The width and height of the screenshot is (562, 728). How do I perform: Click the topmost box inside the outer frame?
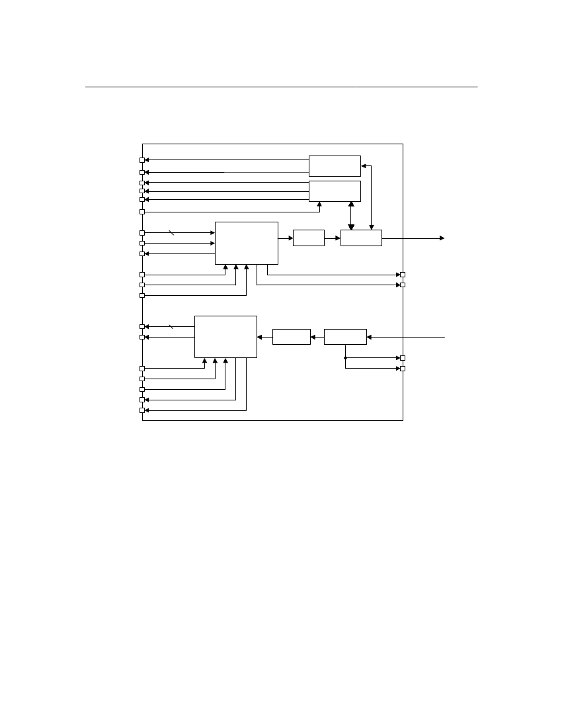pyautogui.click(x=335, y=165)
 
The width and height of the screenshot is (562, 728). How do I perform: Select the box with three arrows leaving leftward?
pyautogui.click(x=335, y=191)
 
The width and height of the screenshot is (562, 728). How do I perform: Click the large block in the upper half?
pyautogui.click(x=246, y=243)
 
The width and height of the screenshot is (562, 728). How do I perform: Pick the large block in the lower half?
pyautogui.click(x=225, y=337)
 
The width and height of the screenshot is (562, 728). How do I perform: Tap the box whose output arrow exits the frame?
pyautogui.click(x=361, y=238)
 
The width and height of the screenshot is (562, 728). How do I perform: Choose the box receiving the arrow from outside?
pyautogui.click(x=345, y=337)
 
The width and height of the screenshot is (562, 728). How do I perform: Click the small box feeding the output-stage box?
pyautogui.click(x=308, y=238)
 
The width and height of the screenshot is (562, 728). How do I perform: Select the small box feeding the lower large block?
pyautogui.click(x=291, y=337)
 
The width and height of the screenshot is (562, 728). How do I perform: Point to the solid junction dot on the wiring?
pyautogui.click(x=345, y=358)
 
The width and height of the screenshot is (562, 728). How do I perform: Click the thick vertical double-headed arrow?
pyautogui.click(x=351, y=216)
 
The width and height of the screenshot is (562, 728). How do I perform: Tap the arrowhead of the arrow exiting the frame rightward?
pyautogui.click(x=442, y=238)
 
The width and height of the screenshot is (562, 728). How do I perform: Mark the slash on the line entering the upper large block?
pyautogui.click(x=171, y=233)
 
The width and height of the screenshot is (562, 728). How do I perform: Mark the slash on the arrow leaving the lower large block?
pyautogui.click(x=171, y=326)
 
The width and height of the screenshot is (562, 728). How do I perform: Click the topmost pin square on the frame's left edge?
pyautogui.click(x=142, y=159)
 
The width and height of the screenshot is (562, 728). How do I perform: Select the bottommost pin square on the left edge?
pyautogui.click(x=142, y=410)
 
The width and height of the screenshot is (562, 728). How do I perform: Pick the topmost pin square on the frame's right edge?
pyautogui.click(x=403, y=274)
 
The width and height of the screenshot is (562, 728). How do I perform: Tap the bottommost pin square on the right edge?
pyautogui.click(x=403, y=369)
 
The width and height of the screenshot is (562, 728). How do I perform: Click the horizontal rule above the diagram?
pyautogui.click(x=281, y=87)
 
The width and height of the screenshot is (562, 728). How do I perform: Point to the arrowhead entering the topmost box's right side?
pyautogui.click(x=364, y=166)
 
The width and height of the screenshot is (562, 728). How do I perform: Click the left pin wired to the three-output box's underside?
pyautogui.click(x=142, y=212)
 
